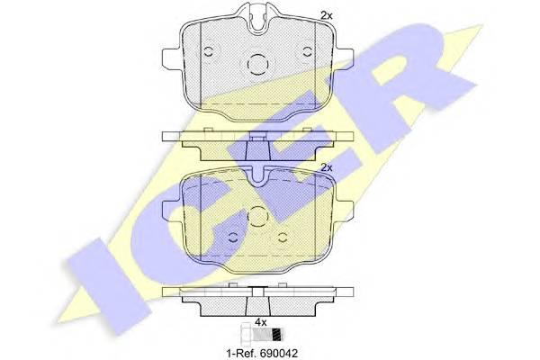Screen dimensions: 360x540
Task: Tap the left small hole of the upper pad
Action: tap(208, 49)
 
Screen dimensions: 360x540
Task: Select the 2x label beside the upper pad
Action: tap(327, 14)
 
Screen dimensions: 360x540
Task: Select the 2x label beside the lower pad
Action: tap(327, 167)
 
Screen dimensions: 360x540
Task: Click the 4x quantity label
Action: tap(260, 322)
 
